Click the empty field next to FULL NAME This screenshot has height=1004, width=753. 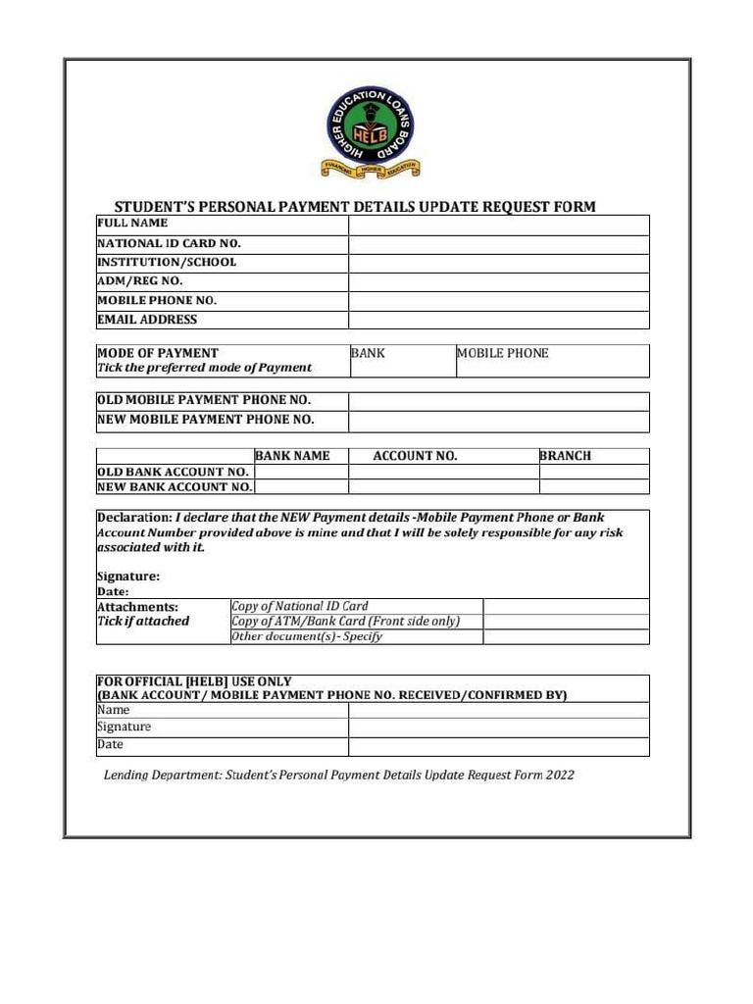click(498, 225)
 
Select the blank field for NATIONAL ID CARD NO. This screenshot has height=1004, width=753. click(498, 244)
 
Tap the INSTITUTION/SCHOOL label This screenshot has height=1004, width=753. click(167, 263)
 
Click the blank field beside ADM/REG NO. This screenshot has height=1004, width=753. click(498, 282)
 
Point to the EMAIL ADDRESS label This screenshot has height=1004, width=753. click(147, 320)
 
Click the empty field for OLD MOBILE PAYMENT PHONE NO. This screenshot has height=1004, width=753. click(498, 401)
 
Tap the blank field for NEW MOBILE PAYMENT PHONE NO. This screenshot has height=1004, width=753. click(498, 421)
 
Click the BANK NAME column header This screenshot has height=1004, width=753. click(292, 456)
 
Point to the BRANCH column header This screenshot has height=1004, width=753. click(566, 456)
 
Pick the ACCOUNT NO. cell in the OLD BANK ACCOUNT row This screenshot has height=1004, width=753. click(443, 472)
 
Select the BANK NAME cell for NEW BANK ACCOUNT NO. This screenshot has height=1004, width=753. click(301, 486)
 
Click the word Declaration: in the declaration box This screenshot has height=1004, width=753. click(133, 518)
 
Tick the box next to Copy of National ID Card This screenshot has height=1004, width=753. click(566, 606)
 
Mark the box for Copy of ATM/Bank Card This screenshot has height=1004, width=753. click(566, 622)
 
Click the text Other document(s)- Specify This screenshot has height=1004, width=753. click(306, 636)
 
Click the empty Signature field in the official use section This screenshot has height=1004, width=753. click(498, 728)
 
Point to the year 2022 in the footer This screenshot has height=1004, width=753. click(561, 775)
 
